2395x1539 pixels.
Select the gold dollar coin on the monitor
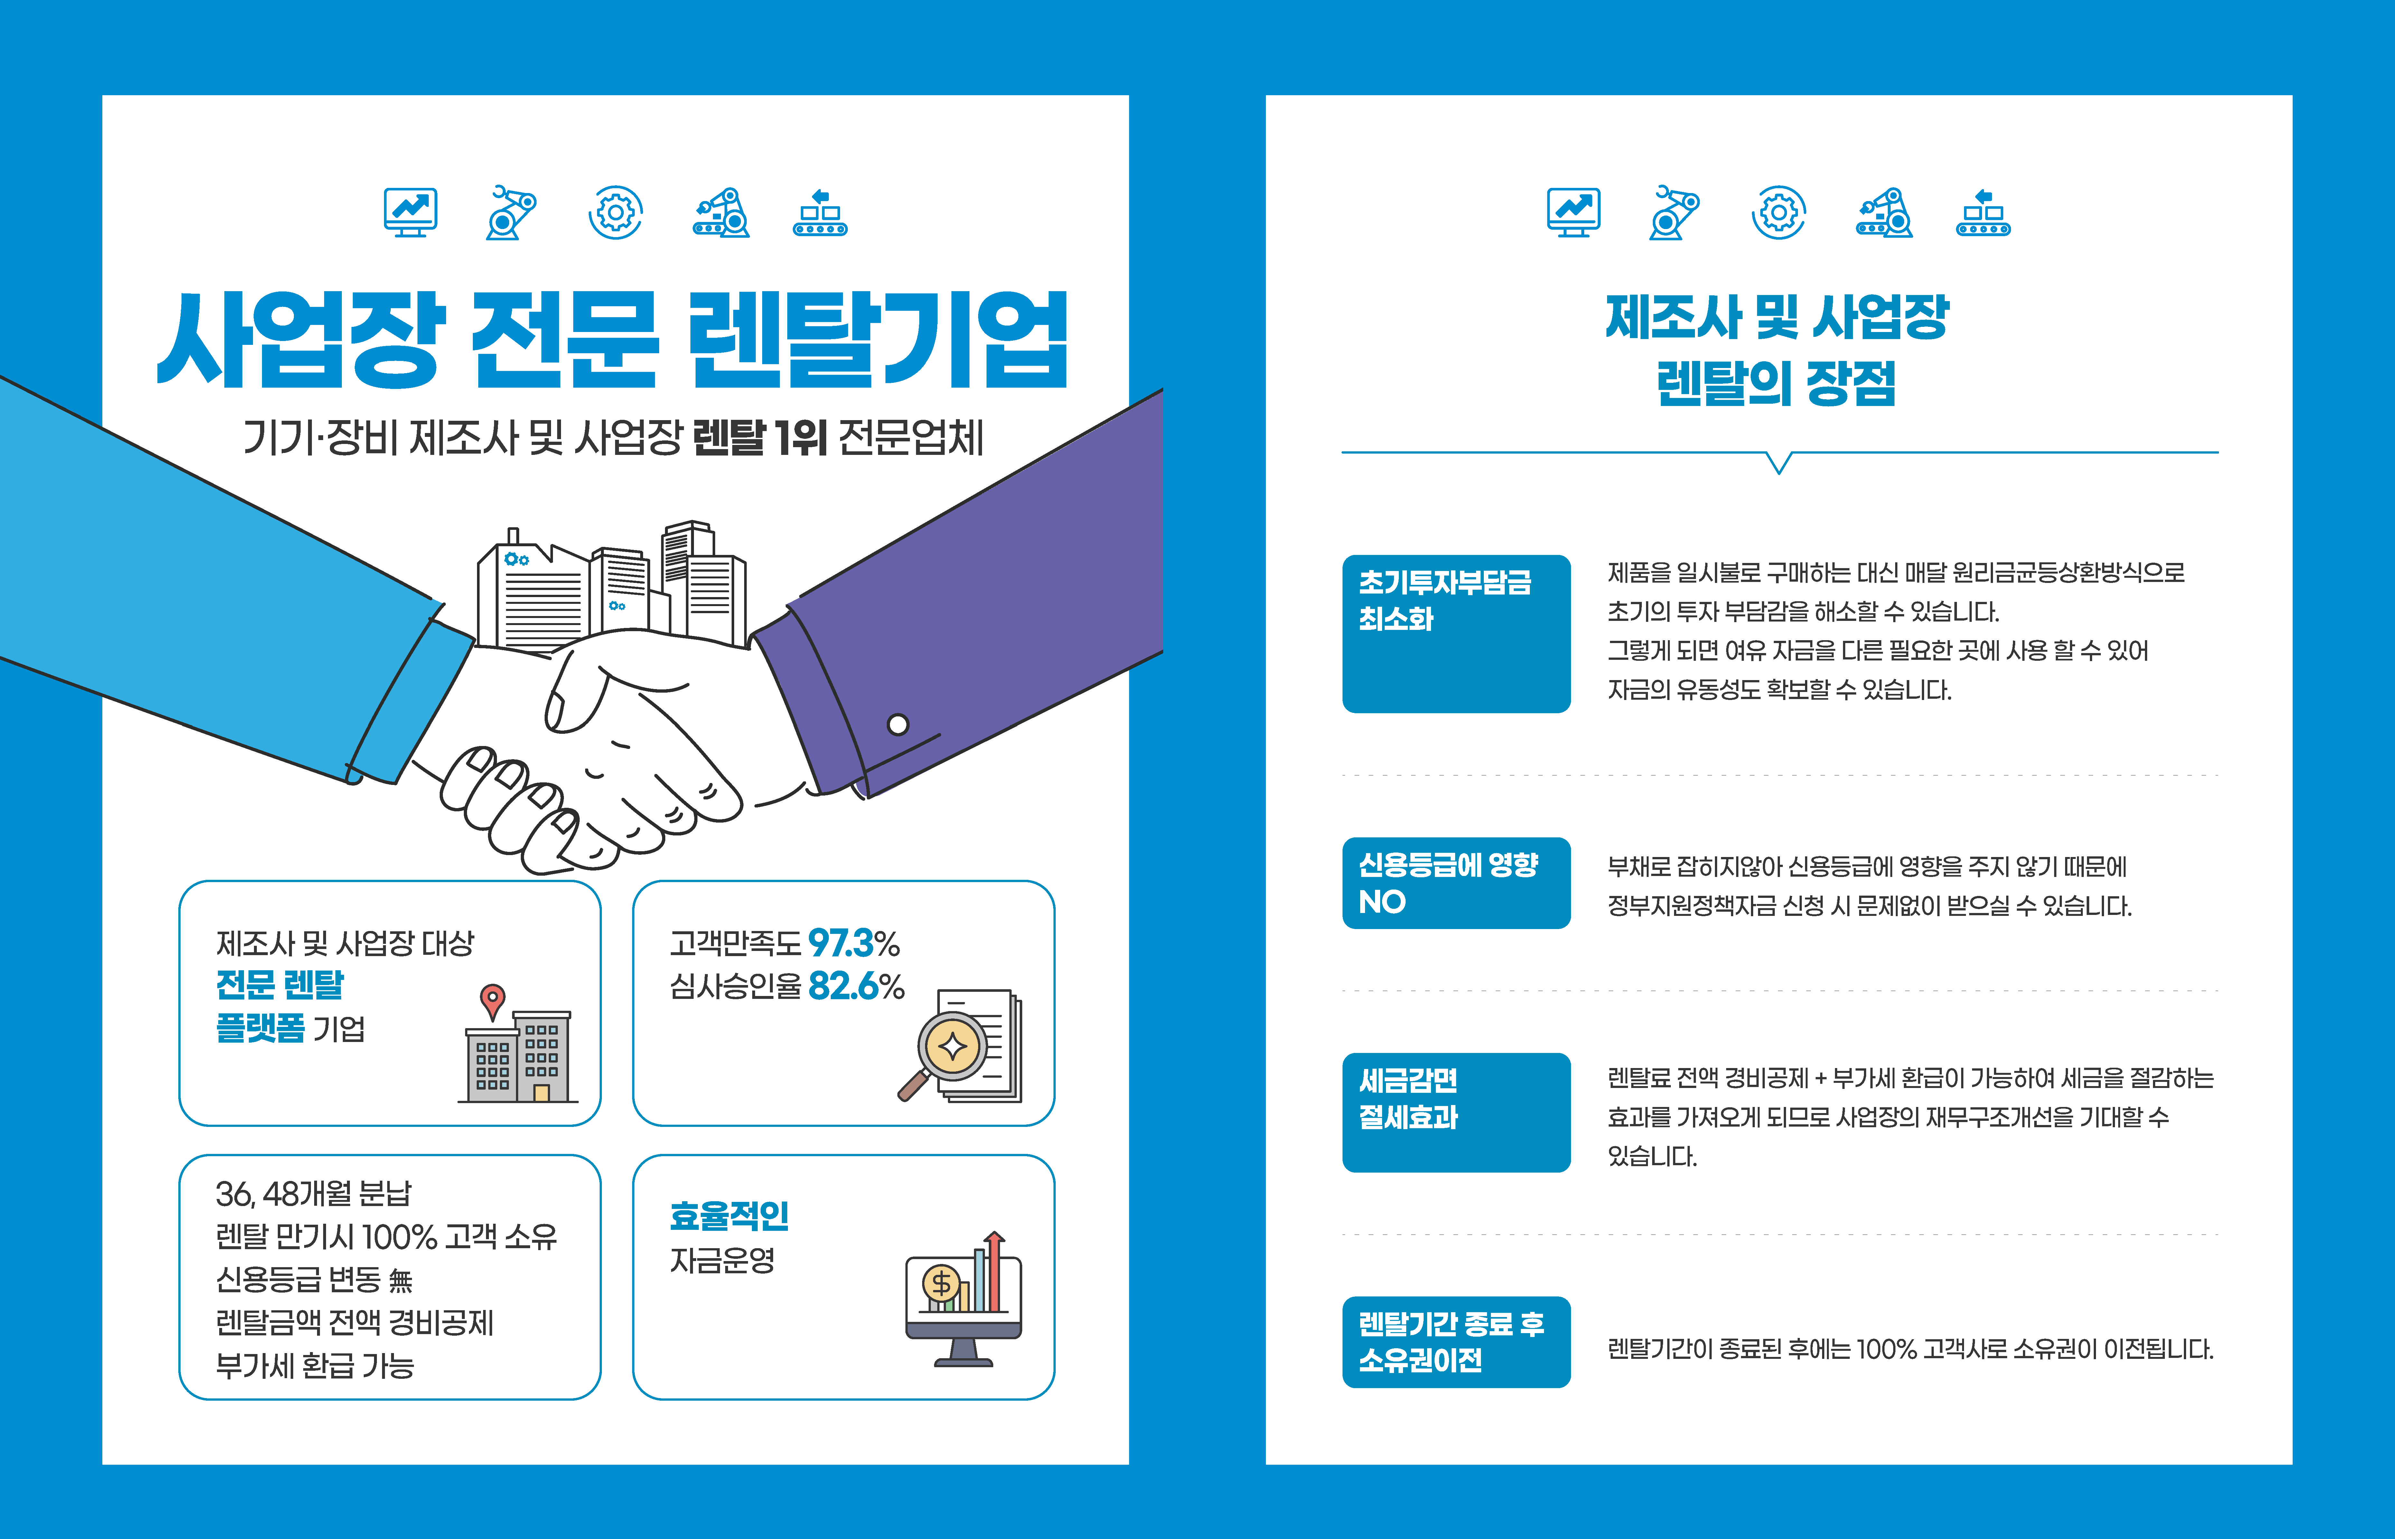point(940,1283)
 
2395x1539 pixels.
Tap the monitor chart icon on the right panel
point(1573,212)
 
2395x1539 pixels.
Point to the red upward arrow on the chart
point(994,1269)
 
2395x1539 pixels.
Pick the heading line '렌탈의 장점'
point(1776,384)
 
